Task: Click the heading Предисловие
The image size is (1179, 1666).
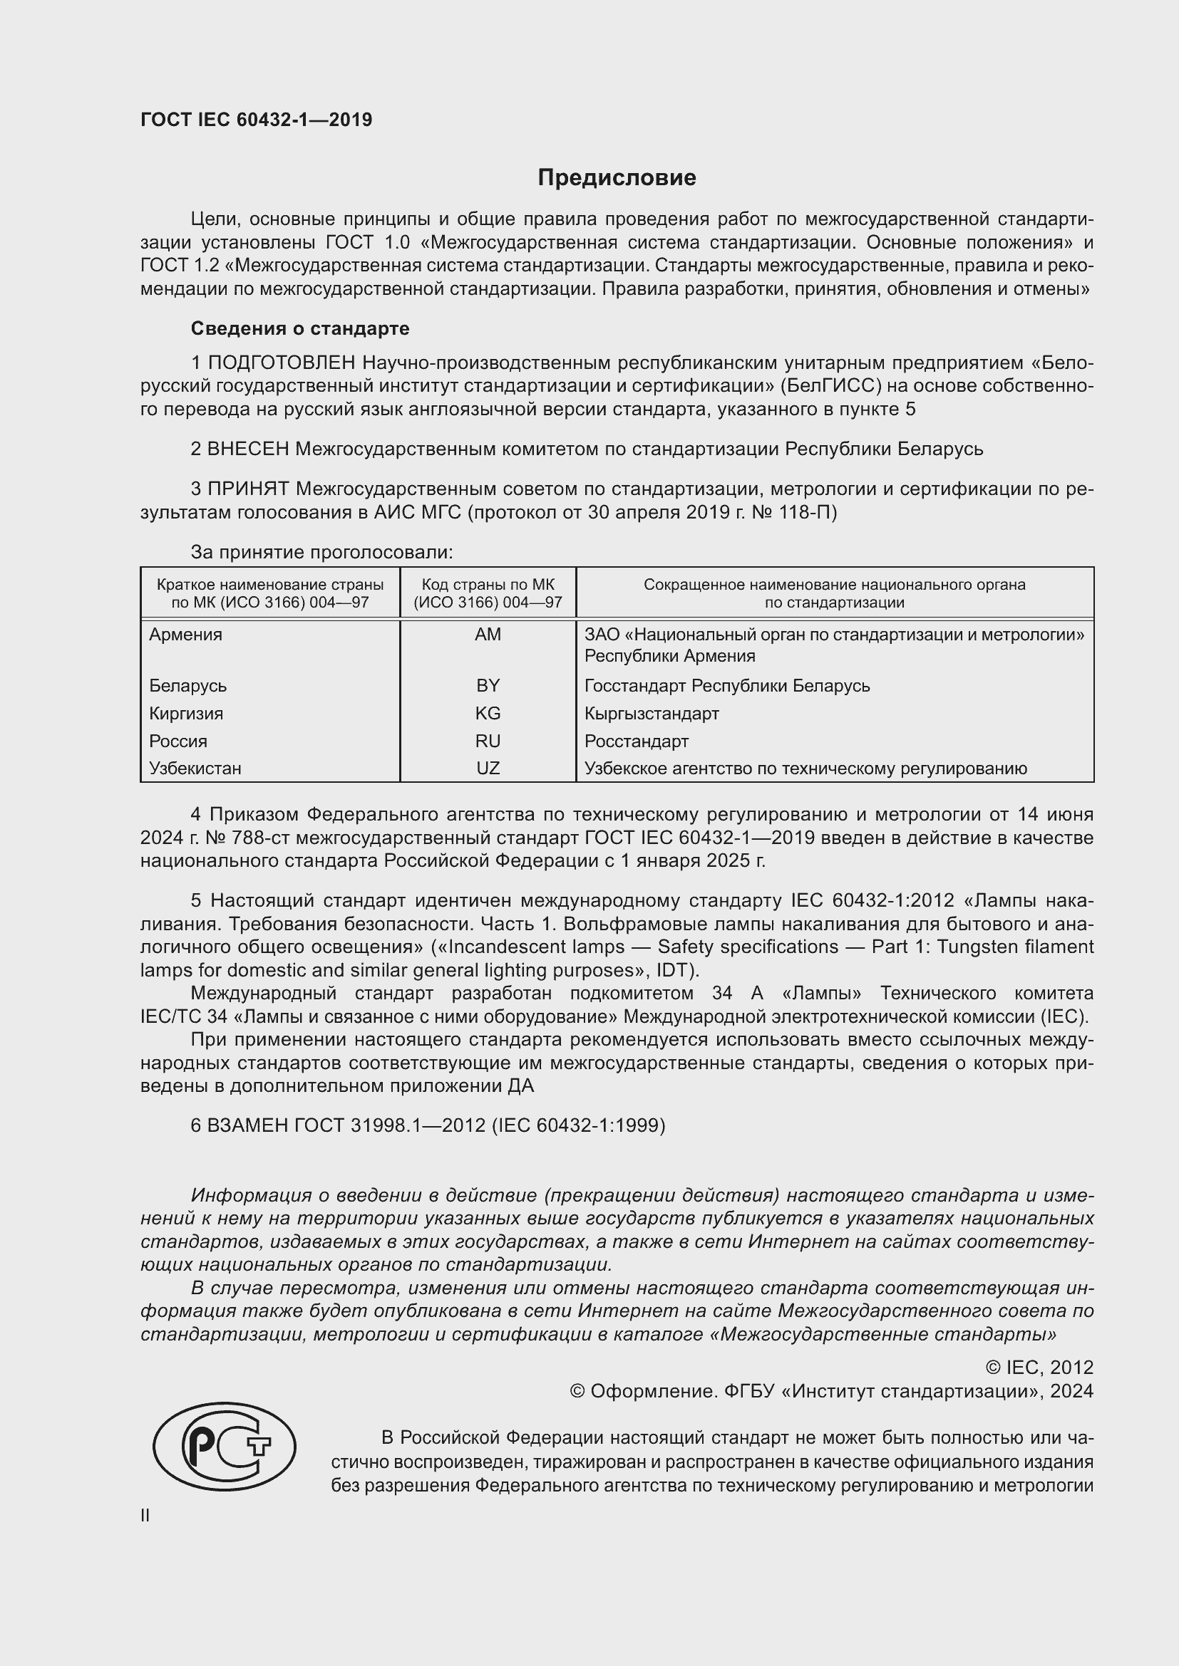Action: pos(617,178)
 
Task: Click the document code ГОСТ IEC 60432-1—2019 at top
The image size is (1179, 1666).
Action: pos(257,120)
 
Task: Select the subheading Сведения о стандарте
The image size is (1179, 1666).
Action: pos(300,328)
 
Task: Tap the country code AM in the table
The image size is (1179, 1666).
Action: pos(488,634)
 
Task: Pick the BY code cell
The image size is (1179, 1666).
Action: pos(488,686)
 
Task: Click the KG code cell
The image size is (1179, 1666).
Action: pos(488,713)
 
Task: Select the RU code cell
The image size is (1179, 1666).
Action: pos(488,741)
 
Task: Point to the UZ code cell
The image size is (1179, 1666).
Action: pos(488,768)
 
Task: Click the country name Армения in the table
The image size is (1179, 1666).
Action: pos(186,634)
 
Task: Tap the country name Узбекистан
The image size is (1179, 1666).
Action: pos(195,768)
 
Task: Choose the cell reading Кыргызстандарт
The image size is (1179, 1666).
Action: pos(652,713)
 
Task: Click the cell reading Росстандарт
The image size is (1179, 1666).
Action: pos(636,741)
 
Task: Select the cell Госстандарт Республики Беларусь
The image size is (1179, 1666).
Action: pos(726,686)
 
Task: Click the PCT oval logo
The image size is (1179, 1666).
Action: pos(225,1446)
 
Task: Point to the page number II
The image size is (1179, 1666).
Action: pos(145,1515)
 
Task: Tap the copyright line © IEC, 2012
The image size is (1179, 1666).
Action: pos(1039,1367)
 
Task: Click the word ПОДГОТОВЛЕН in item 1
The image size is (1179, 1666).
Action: pos(282,362)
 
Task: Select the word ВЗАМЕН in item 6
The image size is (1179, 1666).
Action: pos(247,1125)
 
